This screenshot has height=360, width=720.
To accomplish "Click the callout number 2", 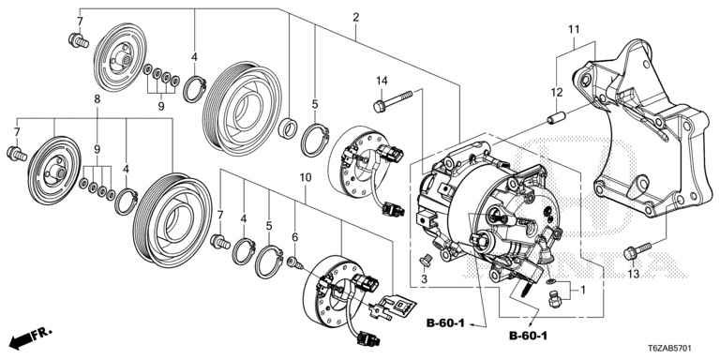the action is pos(356,18).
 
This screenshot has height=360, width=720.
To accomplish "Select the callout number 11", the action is pos(574,30).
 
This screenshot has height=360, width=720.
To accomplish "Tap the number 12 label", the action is pos(557,93).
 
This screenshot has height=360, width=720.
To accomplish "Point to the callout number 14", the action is pos(382,82).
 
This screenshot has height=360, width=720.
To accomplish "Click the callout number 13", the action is pos(633,274).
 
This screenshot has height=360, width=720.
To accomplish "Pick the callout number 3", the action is pos(425,278).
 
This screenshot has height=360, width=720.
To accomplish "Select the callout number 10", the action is pos(306,177).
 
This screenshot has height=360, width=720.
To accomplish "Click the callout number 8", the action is pos(97,98).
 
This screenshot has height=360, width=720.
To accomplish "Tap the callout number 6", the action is pos(294,237).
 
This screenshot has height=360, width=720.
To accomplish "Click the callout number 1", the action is pos(583,291).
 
